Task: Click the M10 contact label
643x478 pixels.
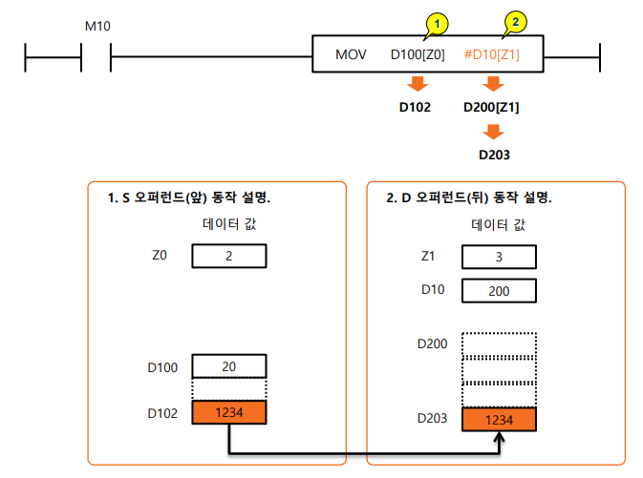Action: [x=97, y=26]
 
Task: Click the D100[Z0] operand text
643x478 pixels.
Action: [x=418, y=54]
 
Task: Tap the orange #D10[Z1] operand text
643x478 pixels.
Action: [x=492, y=54]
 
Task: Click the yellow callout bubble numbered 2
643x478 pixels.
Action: [x=514, y=20]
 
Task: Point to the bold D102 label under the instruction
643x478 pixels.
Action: [x=415, y=107]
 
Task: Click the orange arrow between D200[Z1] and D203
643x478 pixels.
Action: [x=493, y=131]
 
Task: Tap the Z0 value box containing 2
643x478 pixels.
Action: [x=229, y=257]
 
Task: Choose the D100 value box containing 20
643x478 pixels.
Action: [x=229, y=366]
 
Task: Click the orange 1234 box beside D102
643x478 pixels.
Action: [x=229, y=412]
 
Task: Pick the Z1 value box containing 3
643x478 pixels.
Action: [x=499, y=258]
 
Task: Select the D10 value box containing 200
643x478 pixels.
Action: [x=499, y=290]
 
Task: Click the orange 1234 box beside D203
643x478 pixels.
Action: [x=499, y=420]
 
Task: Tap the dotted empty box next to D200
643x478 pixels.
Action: [x=499, y=344]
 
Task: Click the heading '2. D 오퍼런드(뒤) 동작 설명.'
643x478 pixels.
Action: [x=469, y=198]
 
